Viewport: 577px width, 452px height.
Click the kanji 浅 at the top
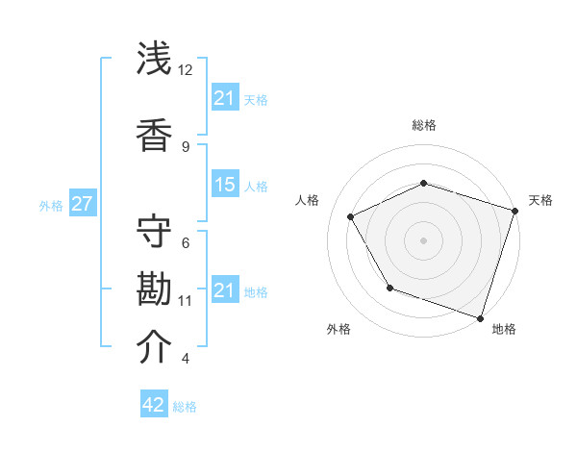155,59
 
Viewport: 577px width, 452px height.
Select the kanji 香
155,134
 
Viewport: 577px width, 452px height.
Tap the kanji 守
155,230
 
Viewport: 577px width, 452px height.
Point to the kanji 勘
155,289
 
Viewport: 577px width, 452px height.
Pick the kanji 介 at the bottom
155,347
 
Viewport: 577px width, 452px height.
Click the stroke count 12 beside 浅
186,70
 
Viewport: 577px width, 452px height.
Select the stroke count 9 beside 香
186,146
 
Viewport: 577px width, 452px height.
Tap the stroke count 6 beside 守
186,242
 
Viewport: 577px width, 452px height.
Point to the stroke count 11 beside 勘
186,301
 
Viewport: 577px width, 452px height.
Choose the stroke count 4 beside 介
186,359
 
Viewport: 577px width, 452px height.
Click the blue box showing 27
82,204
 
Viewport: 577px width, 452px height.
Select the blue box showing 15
225,186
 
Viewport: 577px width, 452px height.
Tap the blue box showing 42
154,405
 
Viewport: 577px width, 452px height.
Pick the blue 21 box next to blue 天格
225,98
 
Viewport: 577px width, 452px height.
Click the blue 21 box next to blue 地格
225,290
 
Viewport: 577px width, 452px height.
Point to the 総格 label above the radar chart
423,125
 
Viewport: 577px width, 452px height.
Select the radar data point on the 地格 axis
480,316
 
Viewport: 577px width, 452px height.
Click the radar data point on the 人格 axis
350,217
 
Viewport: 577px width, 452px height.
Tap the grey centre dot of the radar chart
423,239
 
